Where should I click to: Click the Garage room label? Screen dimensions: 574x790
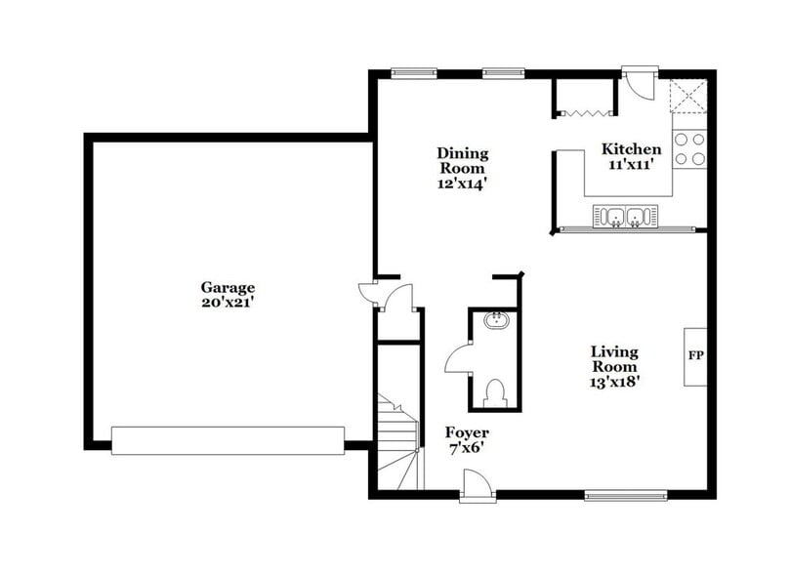click(228, 287)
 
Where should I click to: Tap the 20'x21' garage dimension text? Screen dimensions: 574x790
click(228, 303)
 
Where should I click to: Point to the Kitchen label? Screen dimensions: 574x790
click(631, 149)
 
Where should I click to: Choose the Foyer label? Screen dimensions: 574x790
click(466, 432)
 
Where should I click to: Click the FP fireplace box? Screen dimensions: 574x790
click(695, 355)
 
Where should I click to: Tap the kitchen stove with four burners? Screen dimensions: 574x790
click(689, 148)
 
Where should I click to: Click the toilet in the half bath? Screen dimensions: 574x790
click(496, 391)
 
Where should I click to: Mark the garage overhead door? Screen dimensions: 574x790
click(229, 440)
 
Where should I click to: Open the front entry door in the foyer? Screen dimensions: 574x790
click(473, 484)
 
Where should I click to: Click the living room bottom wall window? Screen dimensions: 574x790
click(624, 495)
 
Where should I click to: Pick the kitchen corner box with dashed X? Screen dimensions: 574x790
click(687, 98)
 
